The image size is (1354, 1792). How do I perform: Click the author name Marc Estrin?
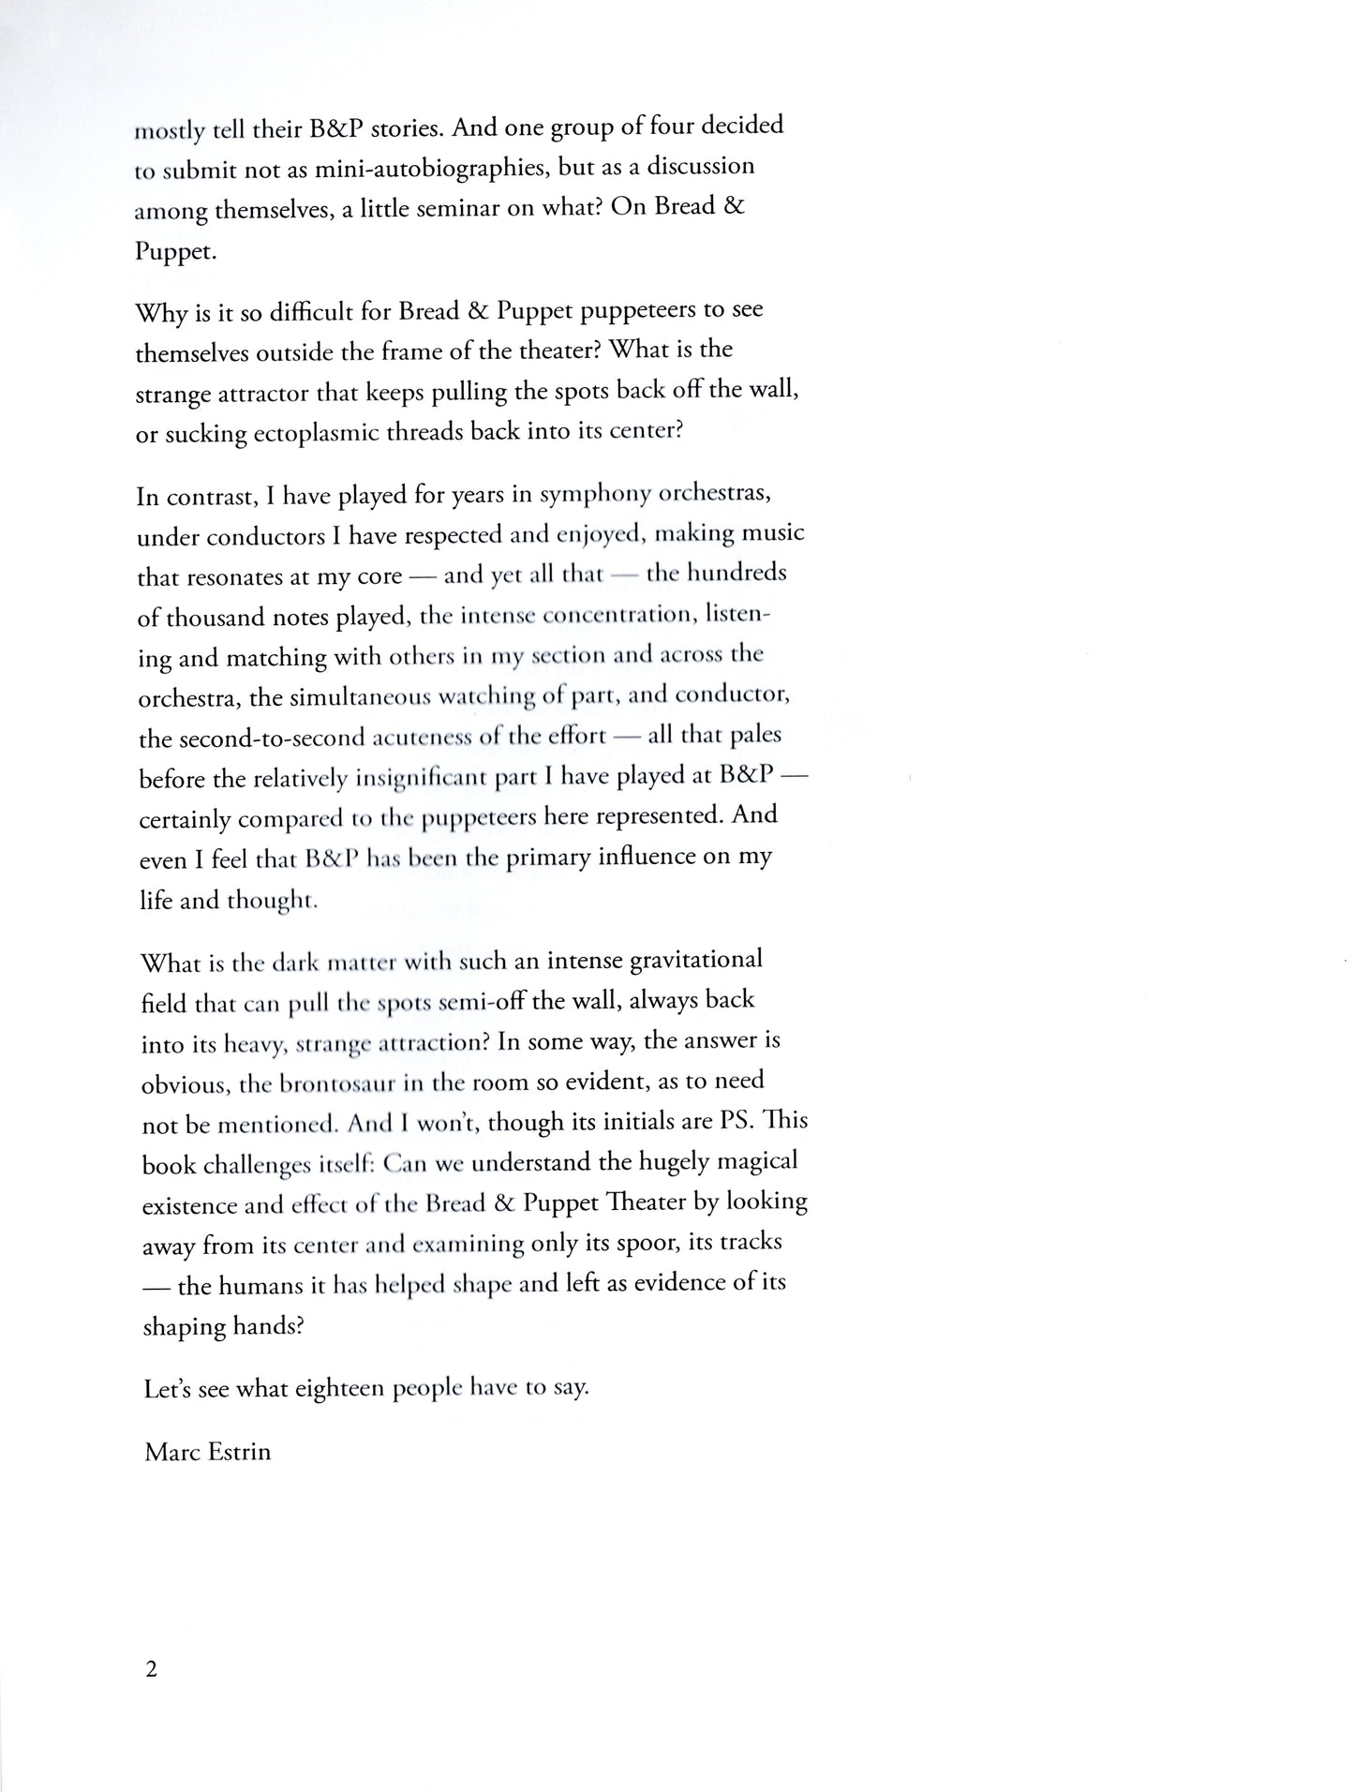coord(207,1452)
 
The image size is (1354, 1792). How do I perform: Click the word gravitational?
coord(684,960)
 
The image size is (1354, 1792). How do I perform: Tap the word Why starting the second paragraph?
coord(162,312)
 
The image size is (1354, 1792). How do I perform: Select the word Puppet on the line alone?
coord(176,252)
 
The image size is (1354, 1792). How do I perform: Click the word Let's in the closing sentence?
coord(168,1389)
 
